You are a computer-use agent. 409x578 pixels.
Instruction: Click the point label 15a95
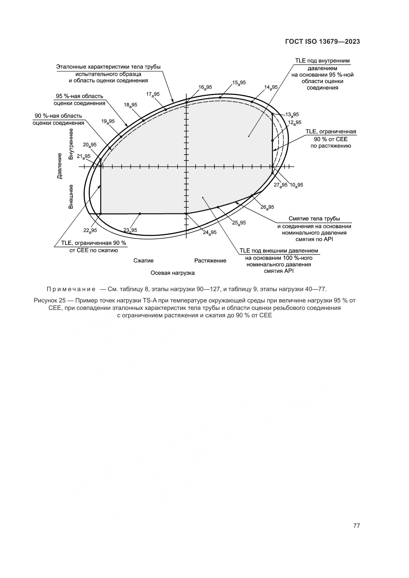[239, 83]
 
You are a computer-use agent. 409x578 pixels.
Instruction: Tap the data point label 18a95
[131, 105]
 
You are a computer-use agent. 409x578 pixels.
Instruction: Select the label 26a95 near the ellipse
[267, 207]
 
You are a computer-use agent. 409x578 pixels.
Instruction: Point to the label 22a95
[90, 230]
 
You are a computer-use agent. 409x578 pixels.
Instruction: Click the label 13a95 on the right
[292, 115]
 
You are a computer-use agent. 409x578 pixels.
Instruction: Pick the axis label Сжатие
[143, 260]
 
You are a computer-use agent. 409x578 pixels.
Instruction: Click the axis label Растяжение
[210, 260]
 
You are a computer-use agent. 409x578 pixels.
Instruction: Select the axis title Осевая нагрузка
[173, 273]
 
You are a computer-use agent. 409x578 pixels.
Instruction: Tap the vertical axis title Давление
[59, 166]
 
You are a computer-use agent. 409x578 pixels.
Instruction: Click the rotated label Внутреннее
[71, 144]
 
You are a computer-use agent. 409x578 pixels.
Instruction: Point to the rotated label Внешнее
[71, 197]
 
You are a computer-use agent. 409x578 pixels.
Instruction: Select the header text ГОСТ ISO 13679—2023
[322, 42]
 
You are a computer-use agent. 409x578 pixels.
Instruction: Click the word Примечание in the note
[71, 289]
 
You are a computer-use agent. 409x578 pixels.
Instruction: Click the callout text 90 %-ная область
[58, 116]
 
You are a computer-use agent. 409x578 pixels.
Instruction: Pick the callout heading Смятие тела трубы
[314, 218]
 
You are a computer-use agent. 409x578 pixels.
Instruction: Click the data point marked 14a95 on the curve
[251, 102]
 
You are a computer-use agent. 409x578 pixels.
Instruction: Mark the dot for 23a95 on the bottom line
[140, 214]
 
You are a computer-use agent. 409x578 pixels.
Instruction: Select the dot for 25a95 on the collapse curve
[218, 207]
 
